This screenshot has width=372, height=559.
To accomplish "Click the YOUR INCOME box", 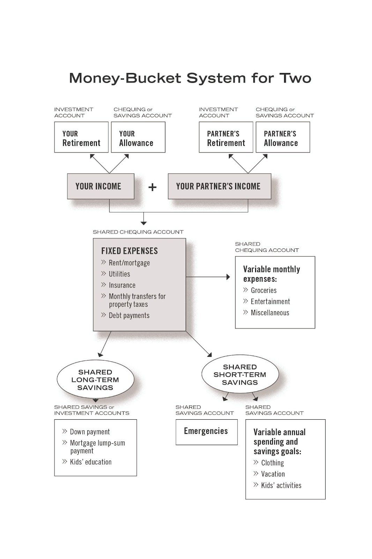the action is click(101, 186).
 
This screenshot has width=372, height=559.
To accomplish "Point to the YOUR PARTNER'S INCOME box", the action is click(220, 186).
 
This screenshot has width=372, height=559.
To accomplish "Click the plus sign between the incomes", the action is click(152, 187).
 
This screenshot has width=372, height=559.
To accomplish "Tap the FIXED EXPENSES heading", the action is click(129, 251).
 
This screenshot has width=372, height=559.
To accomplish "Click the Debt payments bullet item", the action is click(125, 315).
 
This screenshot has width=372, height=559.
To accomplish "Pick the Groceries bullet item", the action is click(260, 290).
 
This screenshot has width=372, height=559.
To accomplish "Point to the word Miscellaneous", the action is click(270, 313).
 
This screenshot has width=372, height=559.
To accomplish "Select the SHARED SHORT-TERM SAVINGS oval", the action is click(240, 374).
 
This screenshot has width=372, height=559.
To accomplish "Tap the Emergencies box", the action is click(207, 432).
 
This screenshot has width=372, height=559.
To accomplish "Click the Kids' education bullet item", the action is click(87, 462).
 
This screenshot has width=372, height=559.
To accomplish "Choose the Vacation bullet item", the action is click(269, 474).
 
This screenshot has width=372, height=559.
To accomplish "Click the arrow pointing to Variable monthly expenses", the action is click(208, 277).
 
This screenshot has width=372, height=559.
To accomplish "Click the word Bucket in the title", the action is click(153, 78).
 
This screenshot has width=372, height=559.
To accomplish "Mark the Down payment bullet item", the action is click(86, 432).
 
